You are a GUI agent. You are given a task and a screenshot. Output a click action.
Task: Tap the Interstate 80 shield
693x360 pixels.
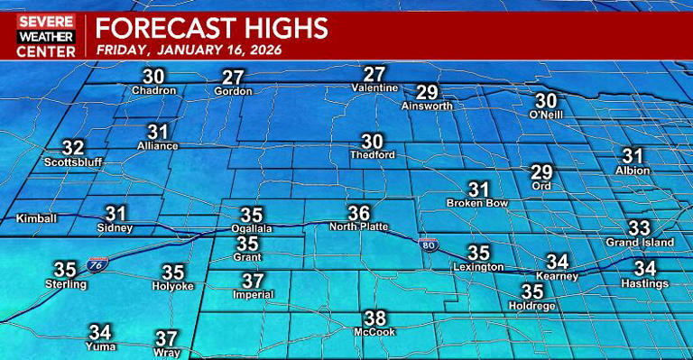point(426,244)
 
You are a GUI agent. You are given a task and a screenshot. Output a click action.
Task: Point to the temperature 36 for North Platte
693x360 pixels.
point(359,214)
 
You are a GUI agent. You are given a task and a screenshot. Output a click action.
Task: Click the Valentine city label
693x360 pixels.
point(374,88)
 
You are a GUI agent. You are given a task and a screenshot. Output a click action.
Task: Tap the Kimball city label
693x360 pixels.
point(37,219)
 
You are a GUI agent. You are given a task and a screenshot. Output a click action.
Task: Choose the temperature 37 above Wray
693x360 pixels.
point(166,338)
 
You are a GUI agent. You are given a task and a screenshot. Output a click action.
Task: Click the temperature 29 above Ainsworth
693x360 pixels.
point(427,92)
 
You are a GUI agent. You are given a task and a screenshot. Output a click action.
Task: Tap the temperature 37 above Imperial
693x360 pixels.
point(253,281)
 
